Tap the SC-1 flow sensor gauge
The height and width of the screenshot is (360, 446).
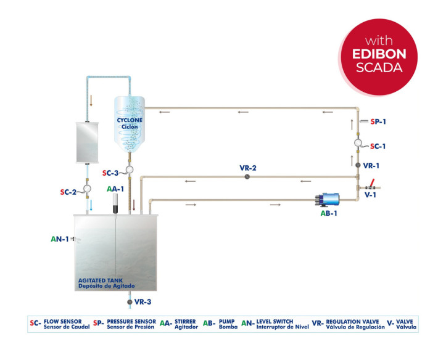click(x=358, y=143)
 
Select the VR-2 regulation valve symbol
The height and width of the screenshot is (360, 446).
click(x=247, y=176)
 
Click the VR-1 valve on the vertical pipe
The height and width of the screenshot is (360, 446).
click(x=358, y=166)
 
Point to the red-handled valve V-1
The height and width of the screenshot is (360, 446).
click(x=372, y=185)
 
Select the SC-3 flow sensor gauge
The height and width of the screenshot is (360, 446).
click(x=130, y=170)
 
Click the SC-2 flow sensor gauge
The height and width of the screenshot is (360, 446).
click(x=87, y=187)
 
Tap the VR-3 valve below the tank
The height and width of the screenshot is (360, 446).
click(x=129, y=301)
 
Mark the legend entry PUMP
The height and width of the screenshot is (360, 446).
click(x=228, y=322)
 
